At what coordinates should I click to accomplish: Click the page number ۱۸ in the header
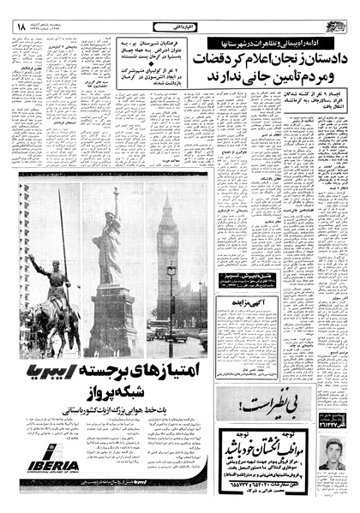point(19,28)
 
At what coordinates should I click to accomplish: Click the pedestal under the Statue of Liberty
point(111,317)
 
